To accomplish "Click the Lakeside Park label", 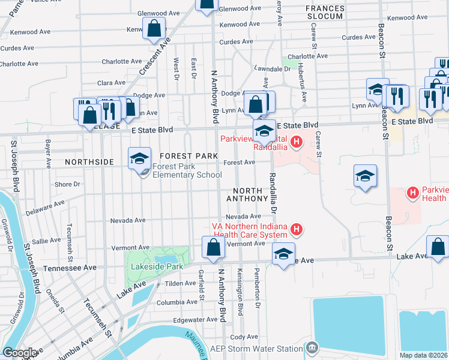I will tap(153, 267).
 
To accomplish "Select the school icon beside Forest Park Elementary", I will tap(139, 158).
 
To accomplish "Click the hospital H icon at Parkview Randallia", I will tap(296, 142).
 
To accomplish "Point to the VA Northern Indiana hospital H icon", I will tap(296, 229).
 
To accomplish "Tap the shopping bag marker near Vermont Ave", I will tap(214, 248).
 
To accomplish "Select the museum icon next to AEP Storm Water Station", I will tap(312, 348).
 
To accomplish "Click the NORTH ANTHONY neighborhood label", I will tap(246, 194).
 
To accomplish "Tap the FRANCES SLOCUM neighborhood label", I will tap(324, 12).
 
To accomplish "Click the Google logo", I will tap(20, 353).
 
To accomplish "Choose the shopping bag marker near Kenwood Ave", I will tap(154, 28).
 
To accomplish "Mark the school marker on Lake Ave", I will tap(283, 254).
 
